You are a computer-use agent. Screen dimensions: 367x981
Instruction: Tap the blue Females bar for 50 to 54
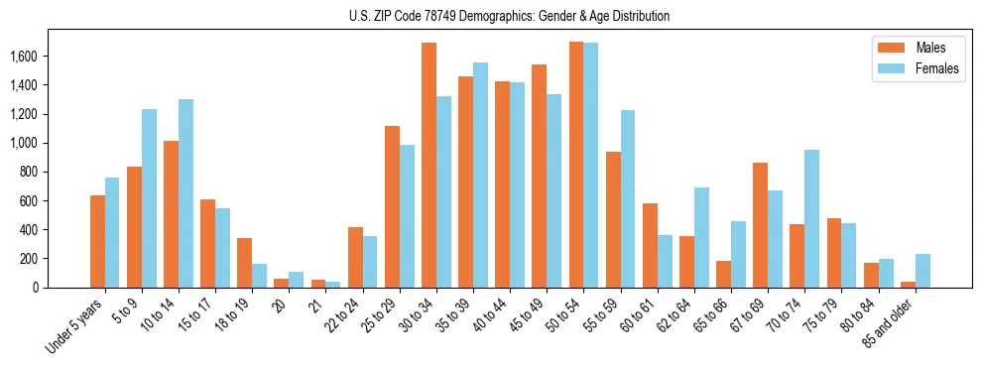tap(590, 166)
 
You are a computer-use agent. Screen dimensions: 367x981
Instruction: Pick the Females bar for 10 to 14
tap(186, 193)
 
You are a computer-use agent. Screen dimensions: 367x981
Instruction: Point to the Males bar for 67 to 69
tap(760, 225)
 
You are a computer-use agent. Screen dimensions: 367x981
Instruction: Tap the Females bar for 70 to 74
tap(811, 218)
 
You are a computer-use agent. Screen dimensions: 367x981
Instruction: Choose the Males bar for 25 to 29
tap(392, 206)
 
